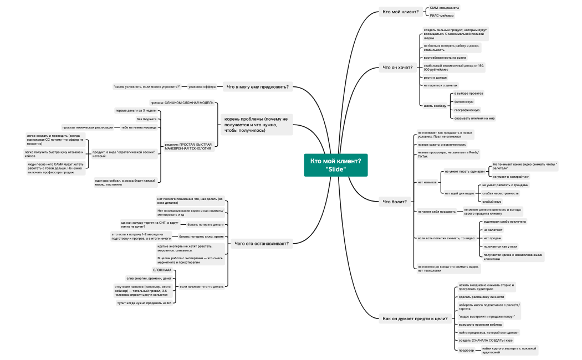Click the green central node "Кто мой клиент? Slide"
[x=335, y=164]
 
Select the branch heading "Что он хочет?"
[x=397, y=68]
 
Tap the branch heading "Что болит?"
[x=395, y=202]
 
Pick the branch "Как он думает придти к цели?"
[x=415, y=318]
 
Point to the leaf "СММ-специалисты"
[x=445, y=8]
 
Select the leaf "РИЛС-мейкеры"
[x=442, y=16]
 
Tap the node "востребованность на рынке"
[x=445, y=58]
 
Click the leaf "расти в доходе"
[x=435, y=78]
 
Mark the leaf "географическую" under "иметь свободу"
[x=467, y=110]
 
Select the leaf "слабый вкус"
[x=492, y=202]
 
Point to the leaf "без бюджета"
[x=146, y=119]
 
